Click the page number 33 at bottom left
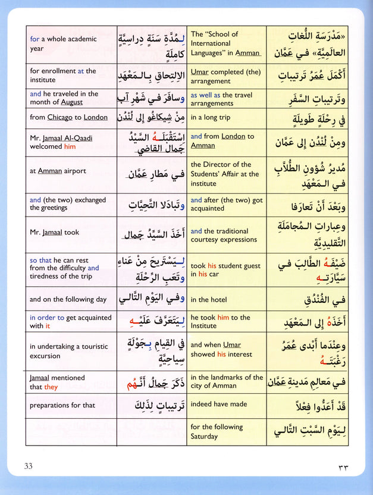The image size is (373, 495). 29,466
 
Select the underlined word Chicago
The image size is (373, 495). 60,117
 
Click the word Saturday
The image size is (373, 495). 206,436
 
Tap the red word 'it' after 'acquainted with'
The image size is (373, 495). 48,326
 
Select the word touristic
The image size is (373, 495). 90,346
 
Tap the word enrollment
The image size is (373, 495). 61,71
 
